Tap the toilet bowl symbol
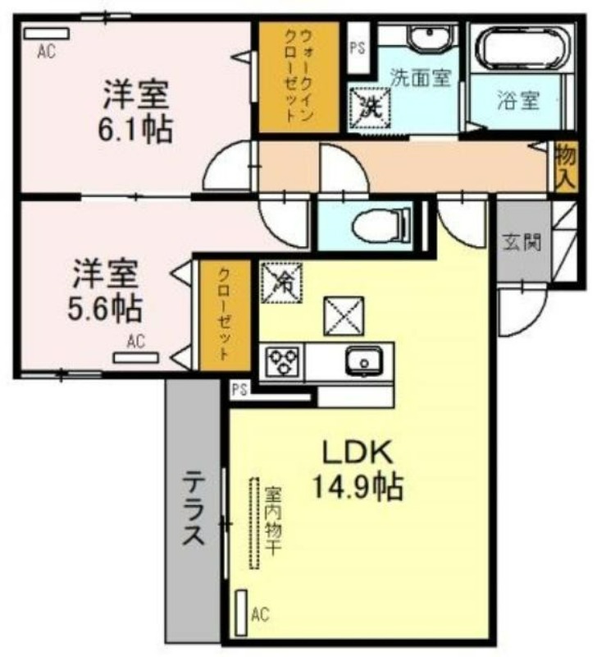[x=381, y=227]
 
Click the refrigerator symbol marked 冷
[x=281, y=282]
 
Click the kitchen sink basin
[x=363, y=361]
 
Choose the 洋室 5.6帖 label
[x=106, y=290]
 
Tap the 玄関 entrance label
[x=522, y=241]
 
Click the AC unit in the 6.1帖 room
[x=46, y=34]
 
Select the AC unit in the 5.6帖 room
[x=136, y=357]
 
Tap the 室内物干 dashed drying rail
[x=253, y=523]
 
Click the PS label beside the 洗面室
[x=357, y=48]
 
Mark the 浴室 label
[x=518, y=100]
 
